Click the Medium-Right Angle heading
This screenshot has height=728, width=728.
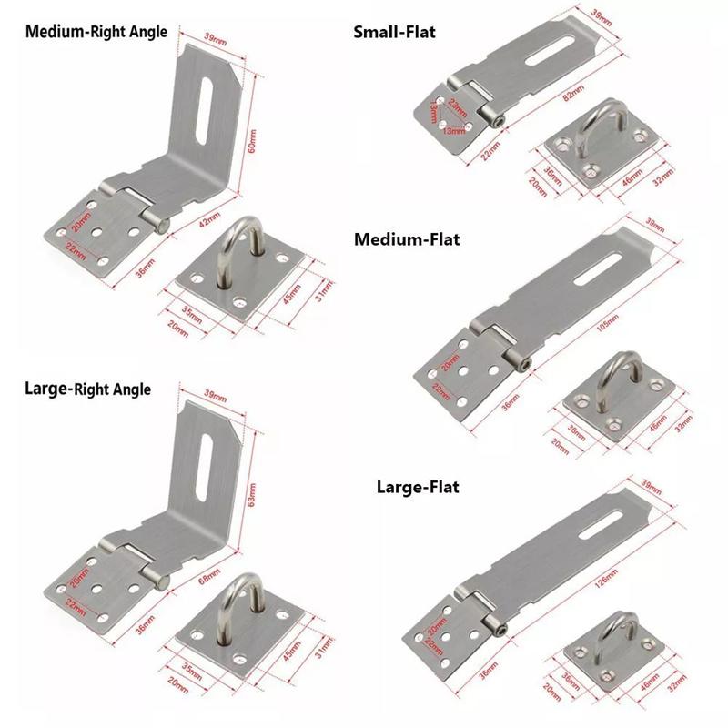96,32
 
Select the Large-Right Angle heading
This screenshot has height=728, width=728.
87,389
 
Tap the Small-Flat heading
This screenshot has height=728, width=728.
394,33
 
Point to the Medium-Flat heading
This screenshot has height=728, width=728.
407,240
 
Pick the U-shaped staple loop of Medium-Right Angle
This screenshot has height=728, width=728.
245,250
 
